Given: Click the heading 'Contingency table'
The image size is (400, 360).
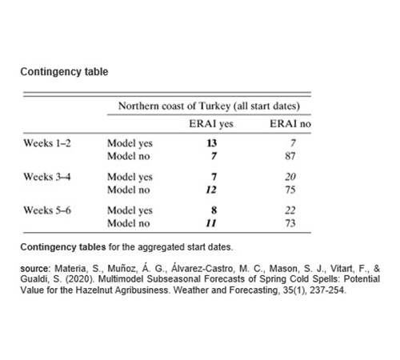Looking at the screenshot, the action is [x=64, y=72].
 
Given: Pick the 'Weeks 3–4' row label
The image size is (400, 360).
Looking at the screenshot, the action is [x=50, y=177].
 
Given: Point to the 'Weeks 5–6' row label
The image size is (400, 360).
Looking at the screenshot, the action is [x=50, y=210].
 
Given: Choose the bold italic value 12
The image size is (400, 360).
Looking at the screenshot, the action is [x=211, y=190].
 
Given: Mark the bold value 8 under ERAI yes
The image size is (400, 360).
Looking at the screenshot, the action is [x=211, y=210].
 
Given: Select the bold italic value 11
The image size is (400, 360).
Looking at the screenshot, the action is [x=211, y=223].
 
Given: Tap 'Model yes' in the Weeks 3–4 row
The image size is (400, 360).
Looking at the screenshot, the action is [x=130, y=177].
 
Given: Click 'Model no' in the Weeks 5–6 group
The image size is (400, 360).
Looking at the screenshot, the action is [x=128, y=223].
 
